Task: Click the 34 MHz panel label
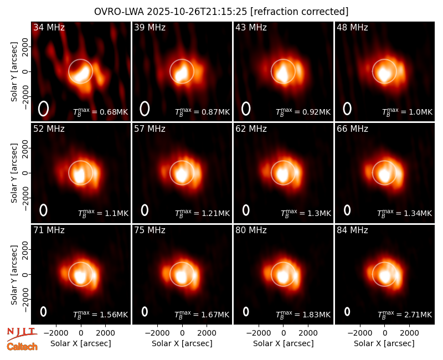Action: [x=49, y=27]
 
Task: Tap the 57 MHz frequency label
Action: [x=150, y=129]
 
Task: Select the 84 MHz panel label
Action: [x=352, y=230]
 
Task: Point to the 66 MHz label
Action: [x=352, y=129]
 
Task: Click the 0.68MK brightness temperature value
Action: [x=114, y=112]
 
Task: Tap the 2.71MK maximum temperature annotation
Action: [x=418, y=315]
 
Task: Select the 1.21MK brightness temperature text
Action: [x=215, y=213]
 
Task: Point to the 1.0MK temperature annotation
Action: [x=421, y=112]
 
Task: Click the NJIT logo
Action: [x=22, y=333]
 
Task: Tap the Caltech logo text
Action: [x=22, y=347]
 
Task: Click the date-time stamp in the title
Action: [x=197, y=12]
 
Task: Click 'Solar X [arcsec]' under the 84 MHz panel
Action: [x=384, y=343]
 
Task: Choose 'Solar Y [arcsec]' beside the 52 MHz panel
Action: [x=14, y=173]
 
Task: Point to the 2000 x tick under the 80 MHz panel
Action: [x=308, y=333]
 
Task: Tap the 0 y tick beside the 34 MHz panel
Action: [x=25, y=71]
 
